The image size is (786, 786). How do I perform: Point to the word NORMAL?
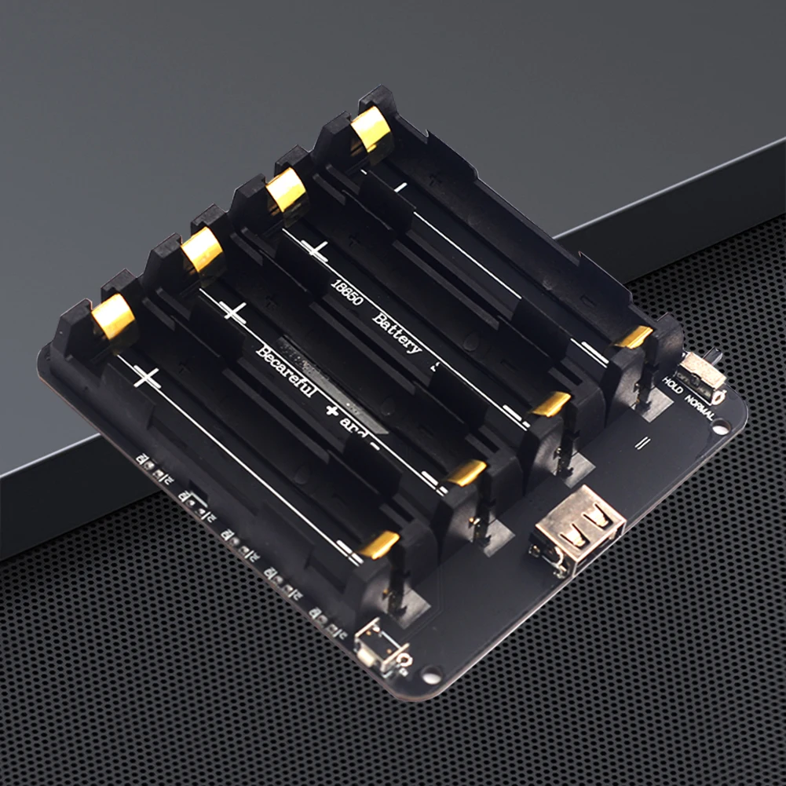tap(700, 407)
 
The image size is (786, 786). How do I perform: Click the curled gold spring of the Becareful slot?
tap(203, 250)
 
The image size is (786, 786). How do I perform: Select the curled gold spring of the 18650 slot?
tap(286, 189)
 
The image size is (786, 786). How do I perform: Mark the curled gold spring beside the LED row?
tap(113, 317)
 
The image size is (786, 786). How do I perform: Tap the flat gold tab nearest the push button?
tap(380, 544)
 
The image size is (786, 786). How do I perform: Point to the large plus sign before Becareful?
tap(233, 312)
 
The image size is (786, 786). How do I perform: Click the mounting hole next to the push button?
tap(431, 674)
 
